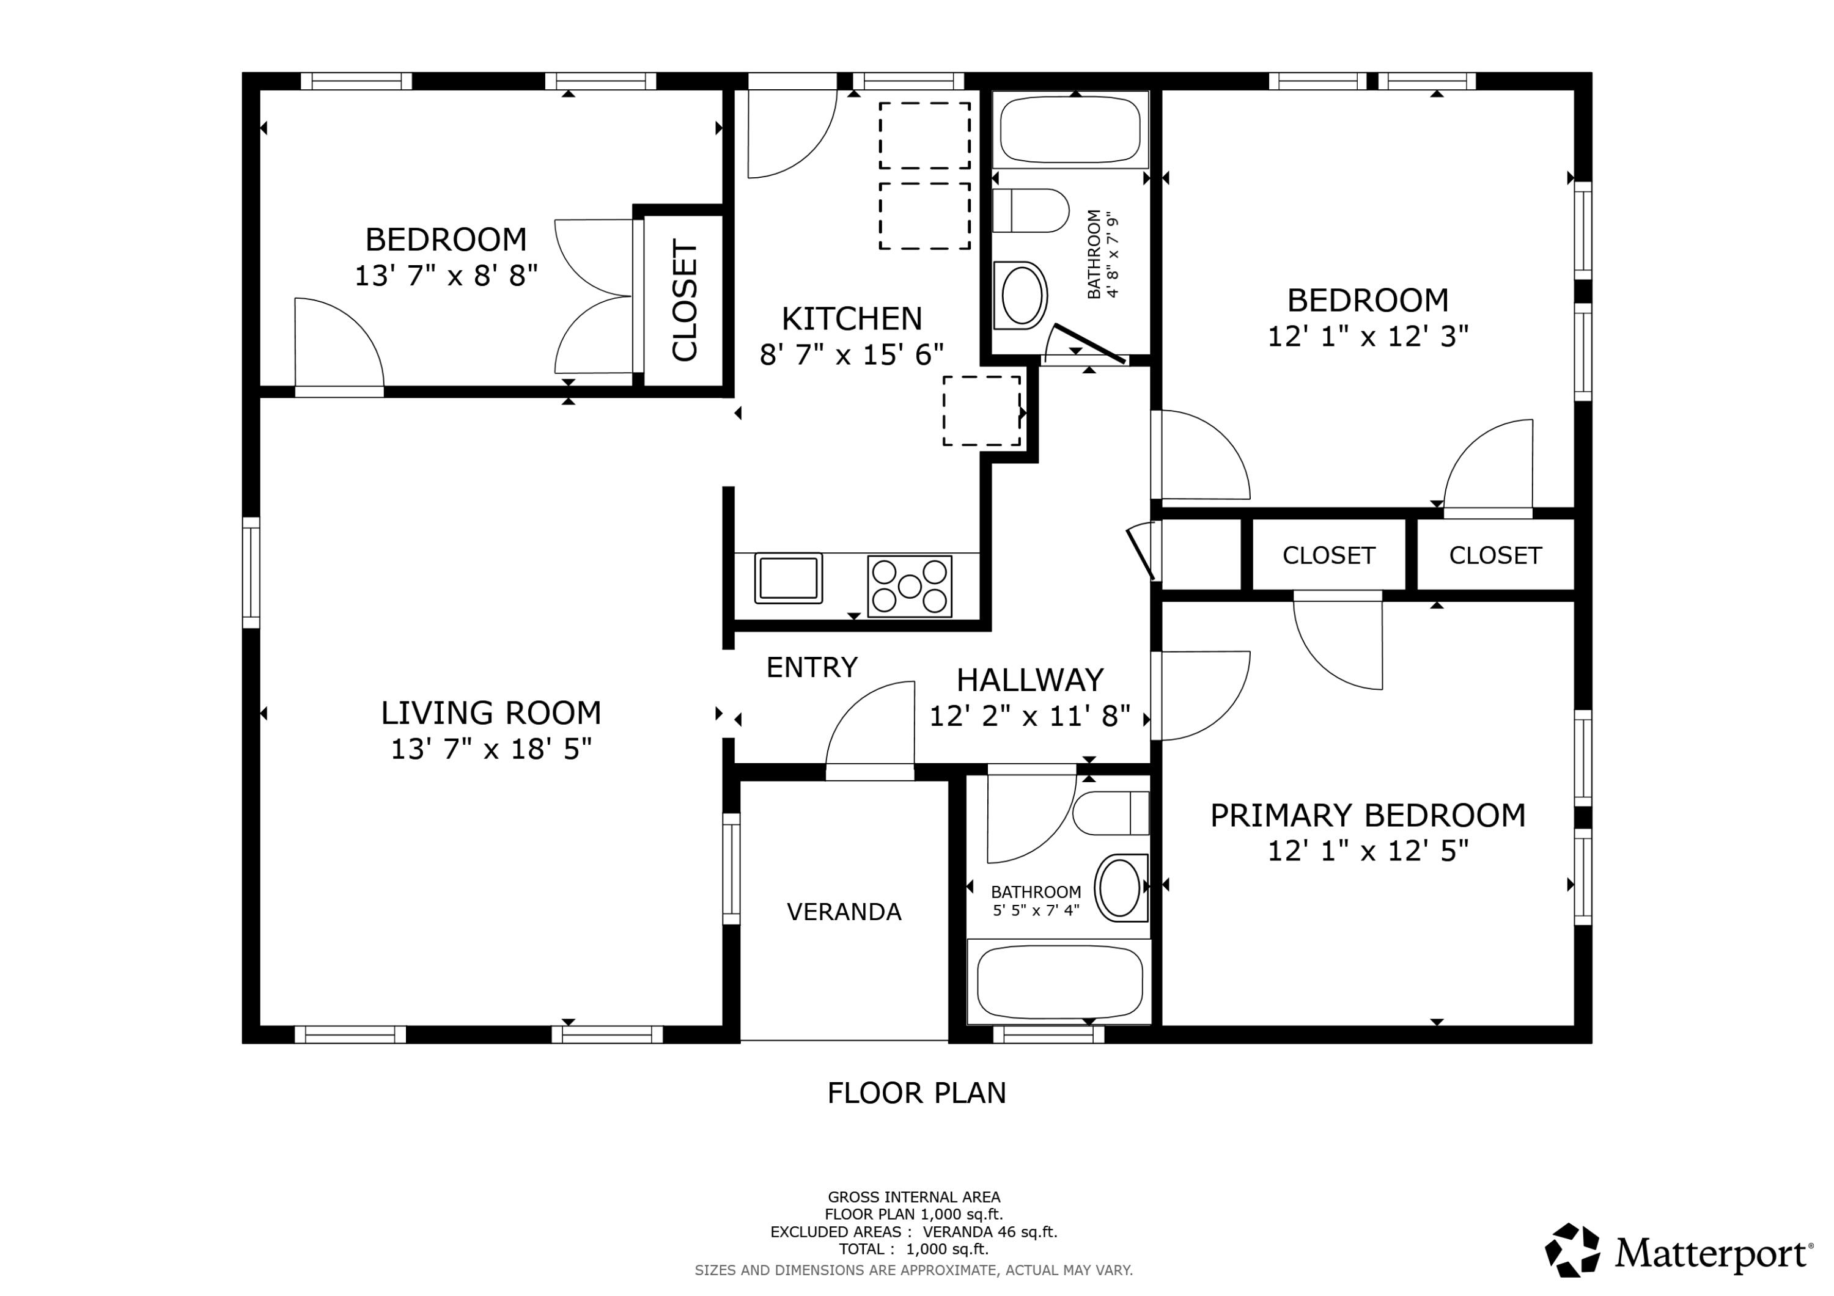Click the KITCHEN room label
pos(851,318)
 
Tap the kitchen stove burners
pos(909,586)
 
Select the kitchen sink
pos(787,578)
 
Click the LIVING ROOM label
pos(490,712)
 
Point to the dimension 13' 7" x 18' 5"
pos(490,749)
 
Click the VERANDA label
pos(844,912)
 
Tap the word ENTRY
pos(812,667)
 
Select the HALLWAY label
pos(1029,679)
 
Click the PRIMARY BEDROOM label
pos(1368,815)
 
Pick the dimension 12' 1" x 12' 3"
pos(1368,336)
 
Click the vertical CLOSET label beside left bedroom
pos(685,300)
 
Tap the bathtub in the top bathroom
pos(1070,130)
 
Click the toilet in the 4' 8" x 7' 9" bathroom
pos(1031,211)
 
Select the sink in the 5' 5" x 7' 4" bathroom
pos(1120,887)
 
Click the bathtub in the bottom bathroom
pos(1058,982)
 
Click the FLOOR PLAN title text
pos(916,1093)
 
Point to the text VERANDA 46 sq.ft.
pos(990,1232)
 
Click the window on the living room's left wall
pos(251,572)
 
